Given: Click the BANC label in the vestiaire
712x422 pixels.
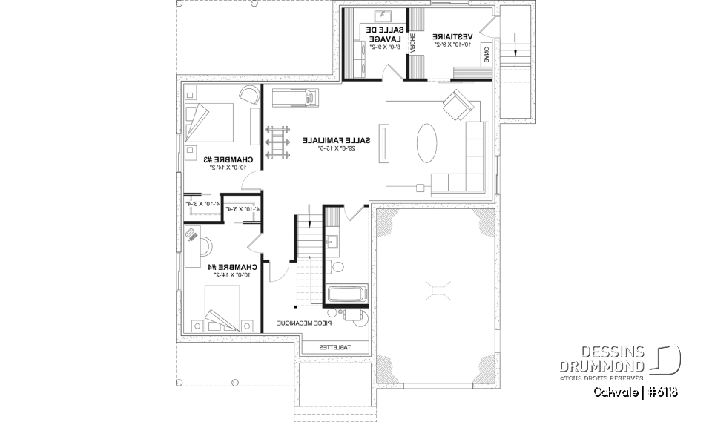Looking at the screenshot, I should pos(487,54).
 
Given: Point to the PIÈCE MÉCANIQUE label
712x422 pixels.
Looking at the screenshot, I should pos(305,323).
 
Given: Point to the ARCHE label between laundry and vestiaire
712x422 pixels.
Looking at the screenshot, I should pos(412,42).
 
